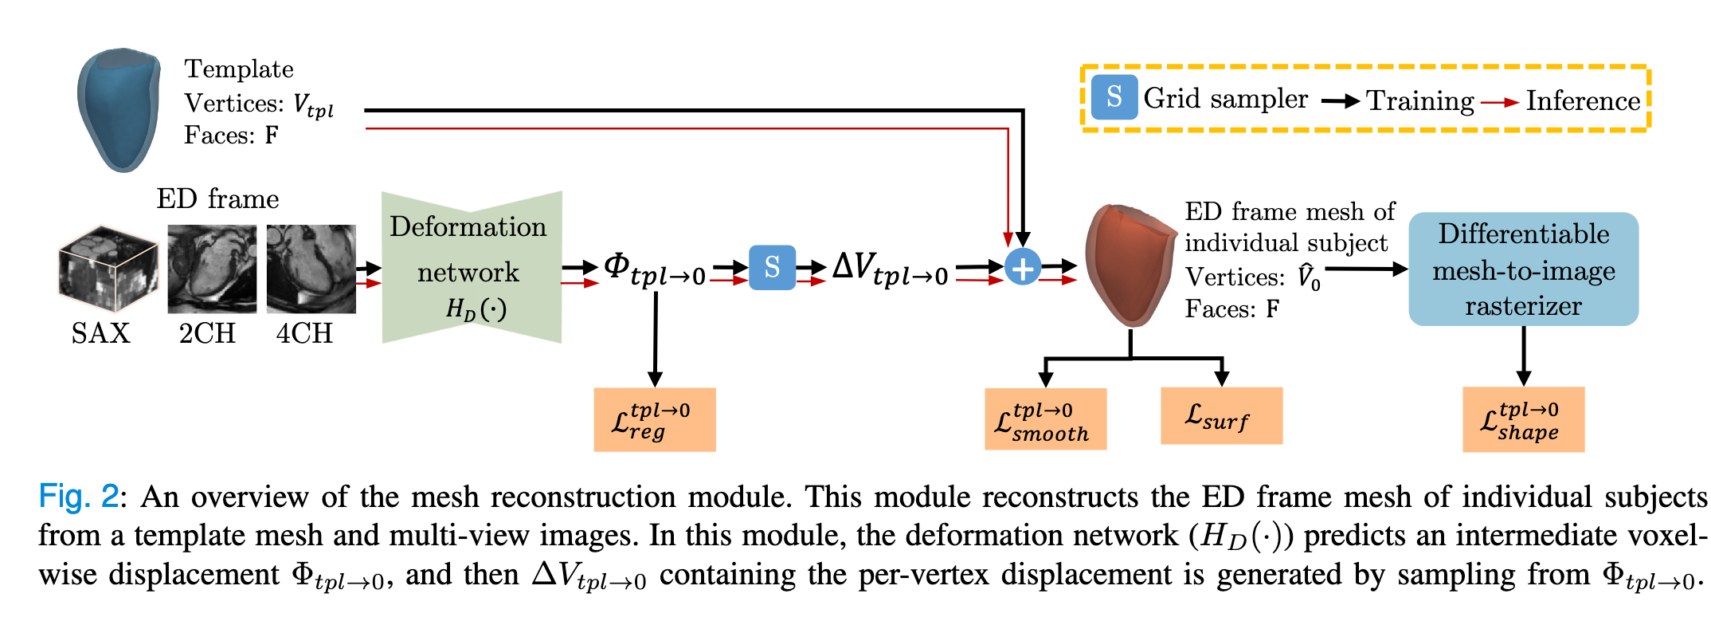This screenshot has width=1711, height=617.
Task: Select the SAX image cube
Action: [x=107, y=268]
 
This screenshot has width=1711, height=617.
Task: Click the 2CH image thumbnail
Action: [x=212, y=269]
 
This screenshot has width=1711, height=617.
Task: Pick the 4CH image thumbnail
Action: [x=311, y=269]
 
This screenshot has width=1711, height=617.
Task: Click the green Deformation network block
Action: [x=472, y=267]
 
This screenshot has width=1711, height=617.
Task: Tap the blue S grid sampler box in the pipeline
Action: [x=772, y=267]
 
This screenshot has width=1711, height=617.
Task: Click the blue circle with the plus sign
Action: [x=1023, y=267]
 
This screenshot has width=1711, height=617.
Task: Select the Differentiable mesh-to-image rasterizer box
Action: [x=1523, y=269]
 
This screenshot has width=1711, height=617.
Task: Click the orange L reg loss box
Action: [x=654, y=419]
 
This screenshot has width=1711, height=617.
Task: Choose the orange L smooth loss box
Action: [x=1045, y=419]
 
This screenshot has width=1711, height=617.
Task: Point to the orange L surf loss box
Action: [x=1221, y=415]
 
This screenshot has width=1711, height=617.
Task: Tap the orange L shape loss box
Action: [x=1523, y=419]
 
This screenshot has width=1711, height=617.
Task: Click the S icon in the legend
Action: [x=1114, y=97]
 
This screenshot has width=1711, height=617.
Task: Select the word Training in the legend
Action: [x=1420, y=101]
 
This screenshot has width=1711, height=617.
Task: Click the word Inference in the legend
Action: [x=1583, y=101]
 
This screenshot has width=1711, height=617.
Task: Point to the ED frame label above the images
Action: [x=217, y=198]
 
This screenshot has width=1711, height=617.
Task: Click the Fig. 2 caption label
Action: [x=78, y=497]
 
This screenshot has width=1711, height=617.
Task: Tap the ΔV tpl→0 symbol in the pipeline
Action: [x=890, y=269]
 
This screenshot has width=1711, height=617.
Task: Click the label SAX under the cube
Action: [x=100, y=332]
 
